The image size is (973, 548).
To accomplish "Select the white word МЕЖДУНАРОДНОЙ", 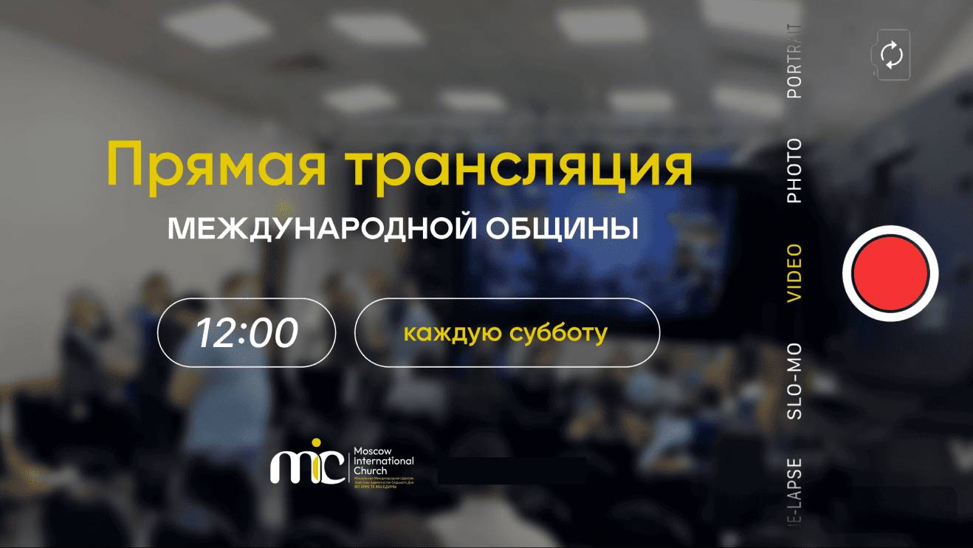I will [x=321, y=230].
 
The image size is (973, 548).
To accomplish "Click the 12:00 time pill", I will [x=247, y=333].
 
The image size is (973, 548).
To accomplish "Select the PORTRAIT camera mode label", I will [x=794, y=61].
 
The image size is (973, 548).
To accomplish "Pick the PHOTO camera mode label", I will [x=794, y=171].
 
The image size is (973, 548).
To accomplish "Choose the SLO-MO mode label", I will [x=794, y=382].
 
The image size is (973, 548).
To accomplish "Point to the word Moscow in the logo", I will [x=374, y=451].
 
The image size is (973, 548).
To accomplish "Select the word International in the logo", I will [x=384, y=461].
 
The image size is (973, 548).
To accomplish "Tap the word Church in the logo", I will [x=371, y=470].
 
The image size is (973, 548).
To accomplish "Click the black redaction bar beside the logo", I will [x=512, y=470].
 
